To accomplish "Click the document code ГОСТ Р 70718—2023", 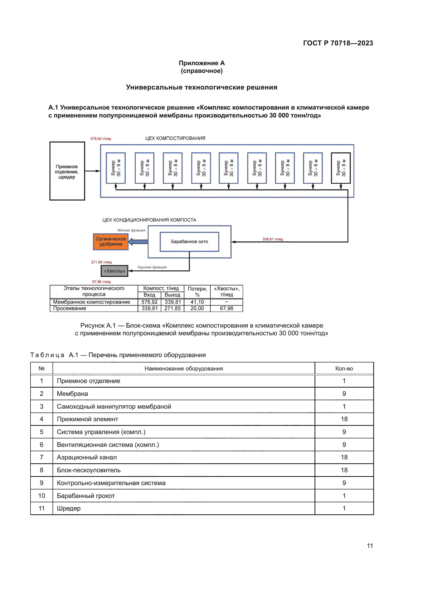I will pos(338,43).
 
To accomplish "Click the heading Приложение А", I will pos(201,63).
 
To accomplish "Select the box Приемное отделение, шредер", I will pos(67,171).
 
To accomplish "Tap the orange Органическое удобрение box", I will pos(111,241).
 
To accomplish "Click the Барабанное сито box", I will pos(189,242).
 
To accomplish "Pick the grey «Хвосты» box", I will pos(114,271).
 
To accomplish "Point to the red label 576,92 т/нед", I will pos(101,139).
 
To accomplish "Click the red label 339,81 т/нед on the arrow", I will pos(272,239).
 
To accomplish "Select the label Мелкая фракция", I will pos(131,230).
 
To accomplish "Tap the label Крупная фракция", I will pos(152,267).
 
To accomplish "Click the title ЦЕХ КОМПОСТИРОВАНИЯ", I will pos(175,138).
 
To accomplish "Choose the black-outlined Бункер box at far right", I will pos(340,168).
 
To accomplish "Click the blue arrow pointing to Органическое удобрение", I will pos(138,242).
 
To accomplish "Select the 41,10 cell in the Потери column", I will pos(197,302).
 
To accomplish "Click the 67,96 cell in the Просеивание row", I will pos(226,308).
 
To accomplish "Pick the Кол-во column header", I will pos(344,368).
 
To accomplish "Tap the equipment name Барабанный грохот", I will pos(86,496).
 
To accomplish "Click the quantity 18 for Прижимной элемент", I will pos(344,419).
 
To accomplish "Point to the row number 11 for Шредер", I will pos(42,508).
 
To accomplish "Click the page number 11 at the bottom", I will pos(370,546).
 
